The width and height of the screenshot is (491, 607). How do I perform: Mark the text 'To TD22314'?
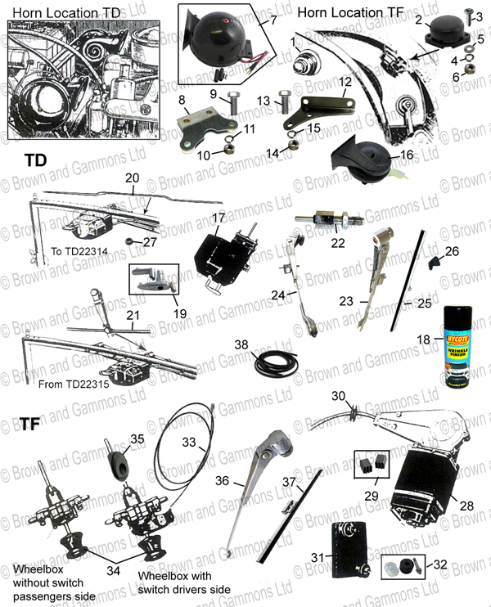(62, 250)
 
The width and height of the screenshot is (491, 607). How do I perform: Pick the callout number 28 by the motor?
(466, 506)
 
